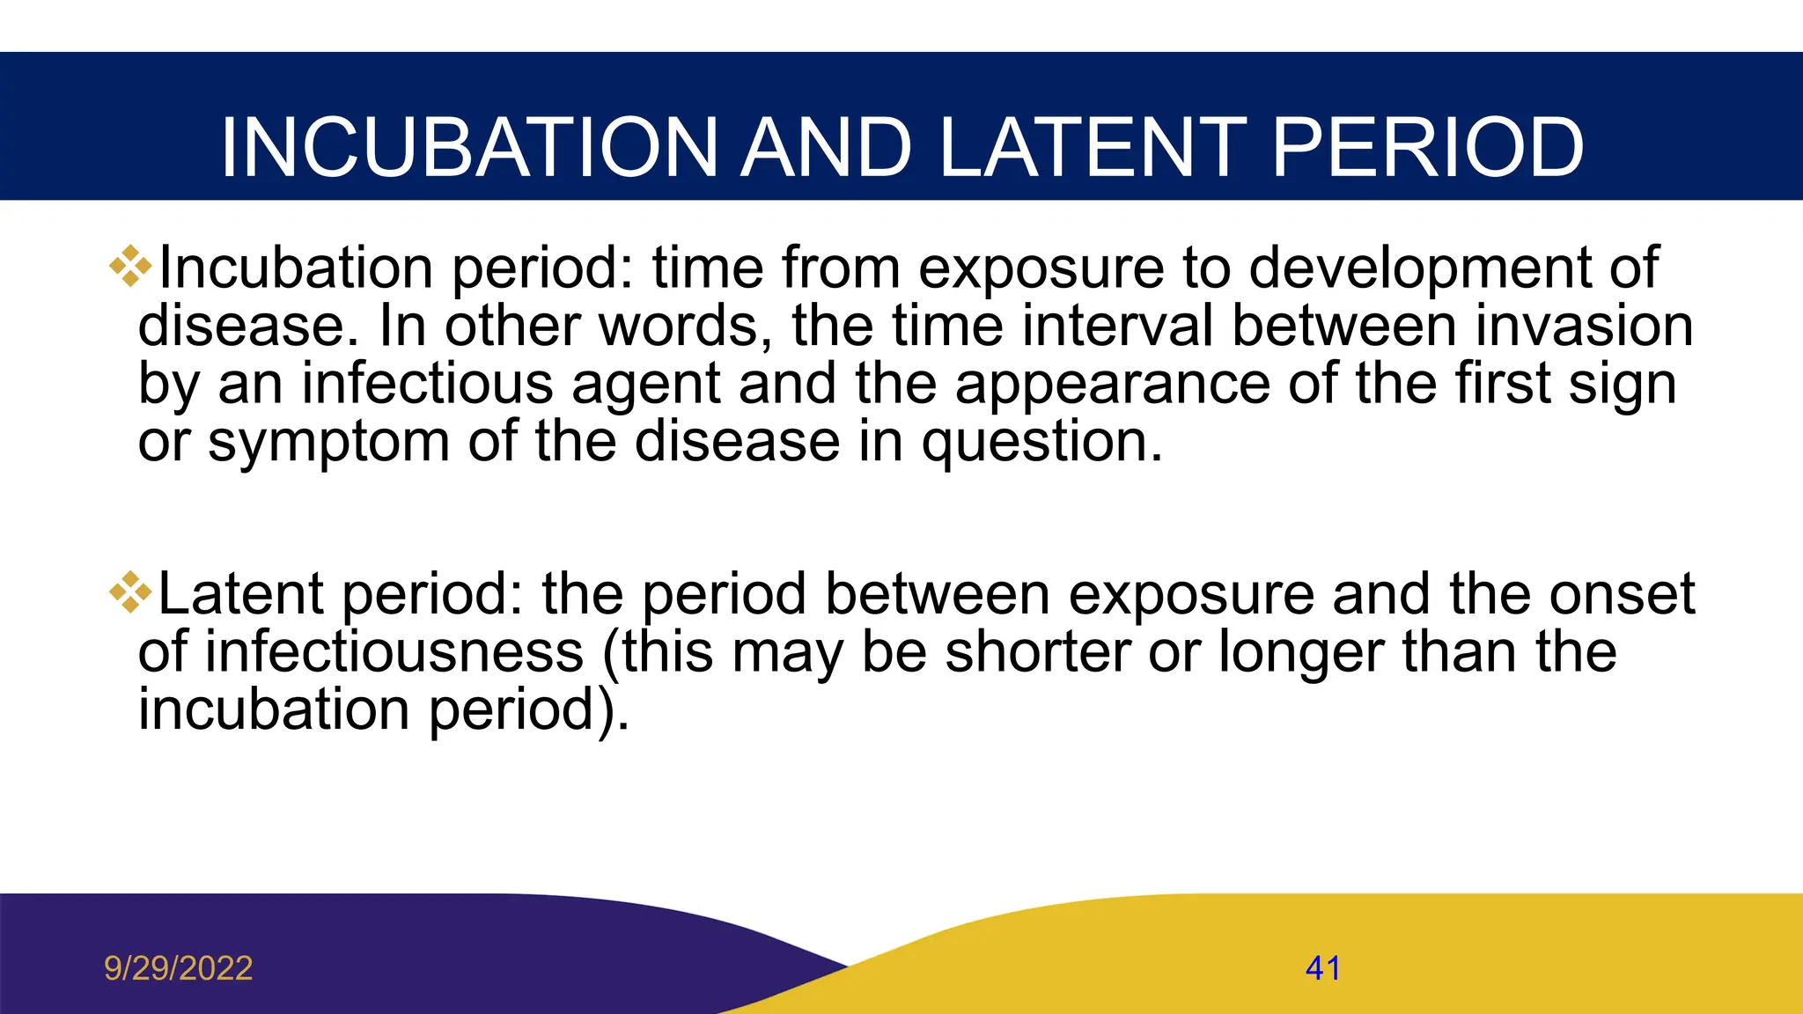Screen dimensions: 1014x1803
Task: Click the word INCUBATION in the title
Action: [469, 148]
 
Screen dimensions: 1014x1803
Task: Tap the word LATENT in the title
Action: [1092, 148]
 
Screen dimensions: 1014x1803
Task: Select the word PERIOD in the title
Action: [1428, 148]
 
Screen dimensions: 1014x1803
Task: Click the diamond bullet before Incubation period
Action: [130, 266]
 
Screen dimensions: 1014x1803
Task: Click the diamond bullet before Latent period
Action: [130, 592]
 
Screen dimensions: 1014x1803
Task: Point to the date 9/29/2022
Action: [178, 968]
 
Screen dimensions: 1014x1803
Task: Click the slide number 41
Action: [1322, 968]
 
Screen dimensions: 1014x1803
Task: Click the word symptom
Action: [328, 442]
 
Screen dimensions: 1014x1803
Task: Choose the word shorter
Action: [1038, 652]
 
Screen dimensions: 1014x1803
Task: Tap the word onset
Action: [1622, 594]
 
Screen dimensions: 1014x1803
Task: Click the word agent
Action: [646, 385]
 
